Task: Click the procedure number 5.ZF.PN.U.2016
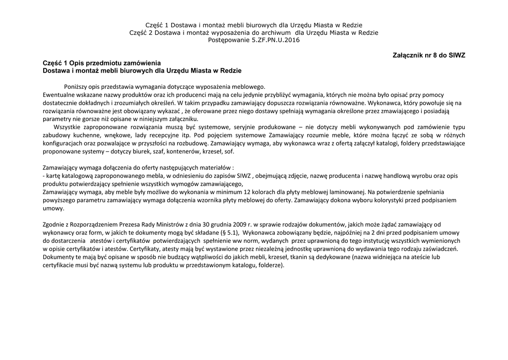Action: tap(275, 40)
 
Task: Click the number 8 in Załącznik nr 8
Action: tap(440, 55)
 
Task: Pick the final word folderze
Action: tap(271, 265)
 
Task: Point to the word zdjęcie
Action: tap(298, 175)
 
